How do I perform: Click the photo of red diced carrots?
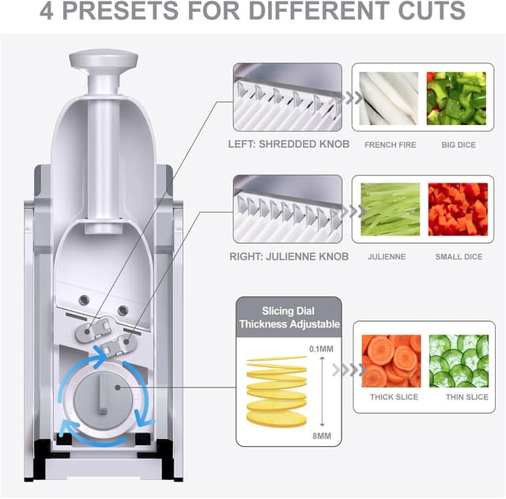[457, 210]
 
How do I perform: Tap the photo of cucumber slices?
[459, 361]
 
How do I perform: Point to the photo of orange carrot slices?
[391, 361]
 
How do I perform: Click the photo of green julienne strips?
[390, 210]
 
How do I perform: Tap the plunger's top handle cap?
[103, 60]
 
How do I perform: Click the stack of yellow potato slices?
[276, 392]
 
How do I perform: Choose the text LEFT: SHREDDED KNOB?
[289, 145]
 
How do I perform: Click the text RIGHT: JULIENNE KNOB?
[287, 256]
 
